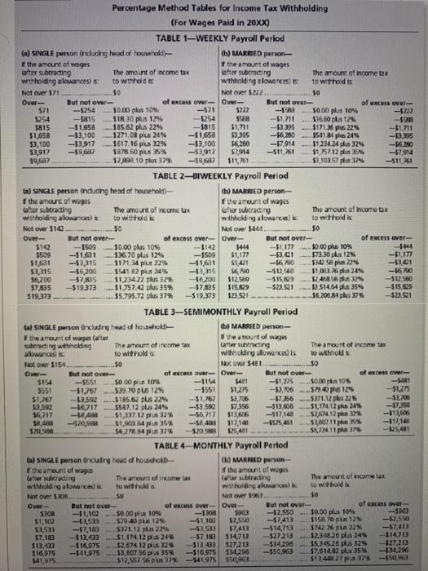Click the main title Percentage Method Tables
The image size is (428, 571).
point(214,8)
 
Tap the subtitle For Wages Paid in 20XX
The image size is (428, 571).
point(214,21)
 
